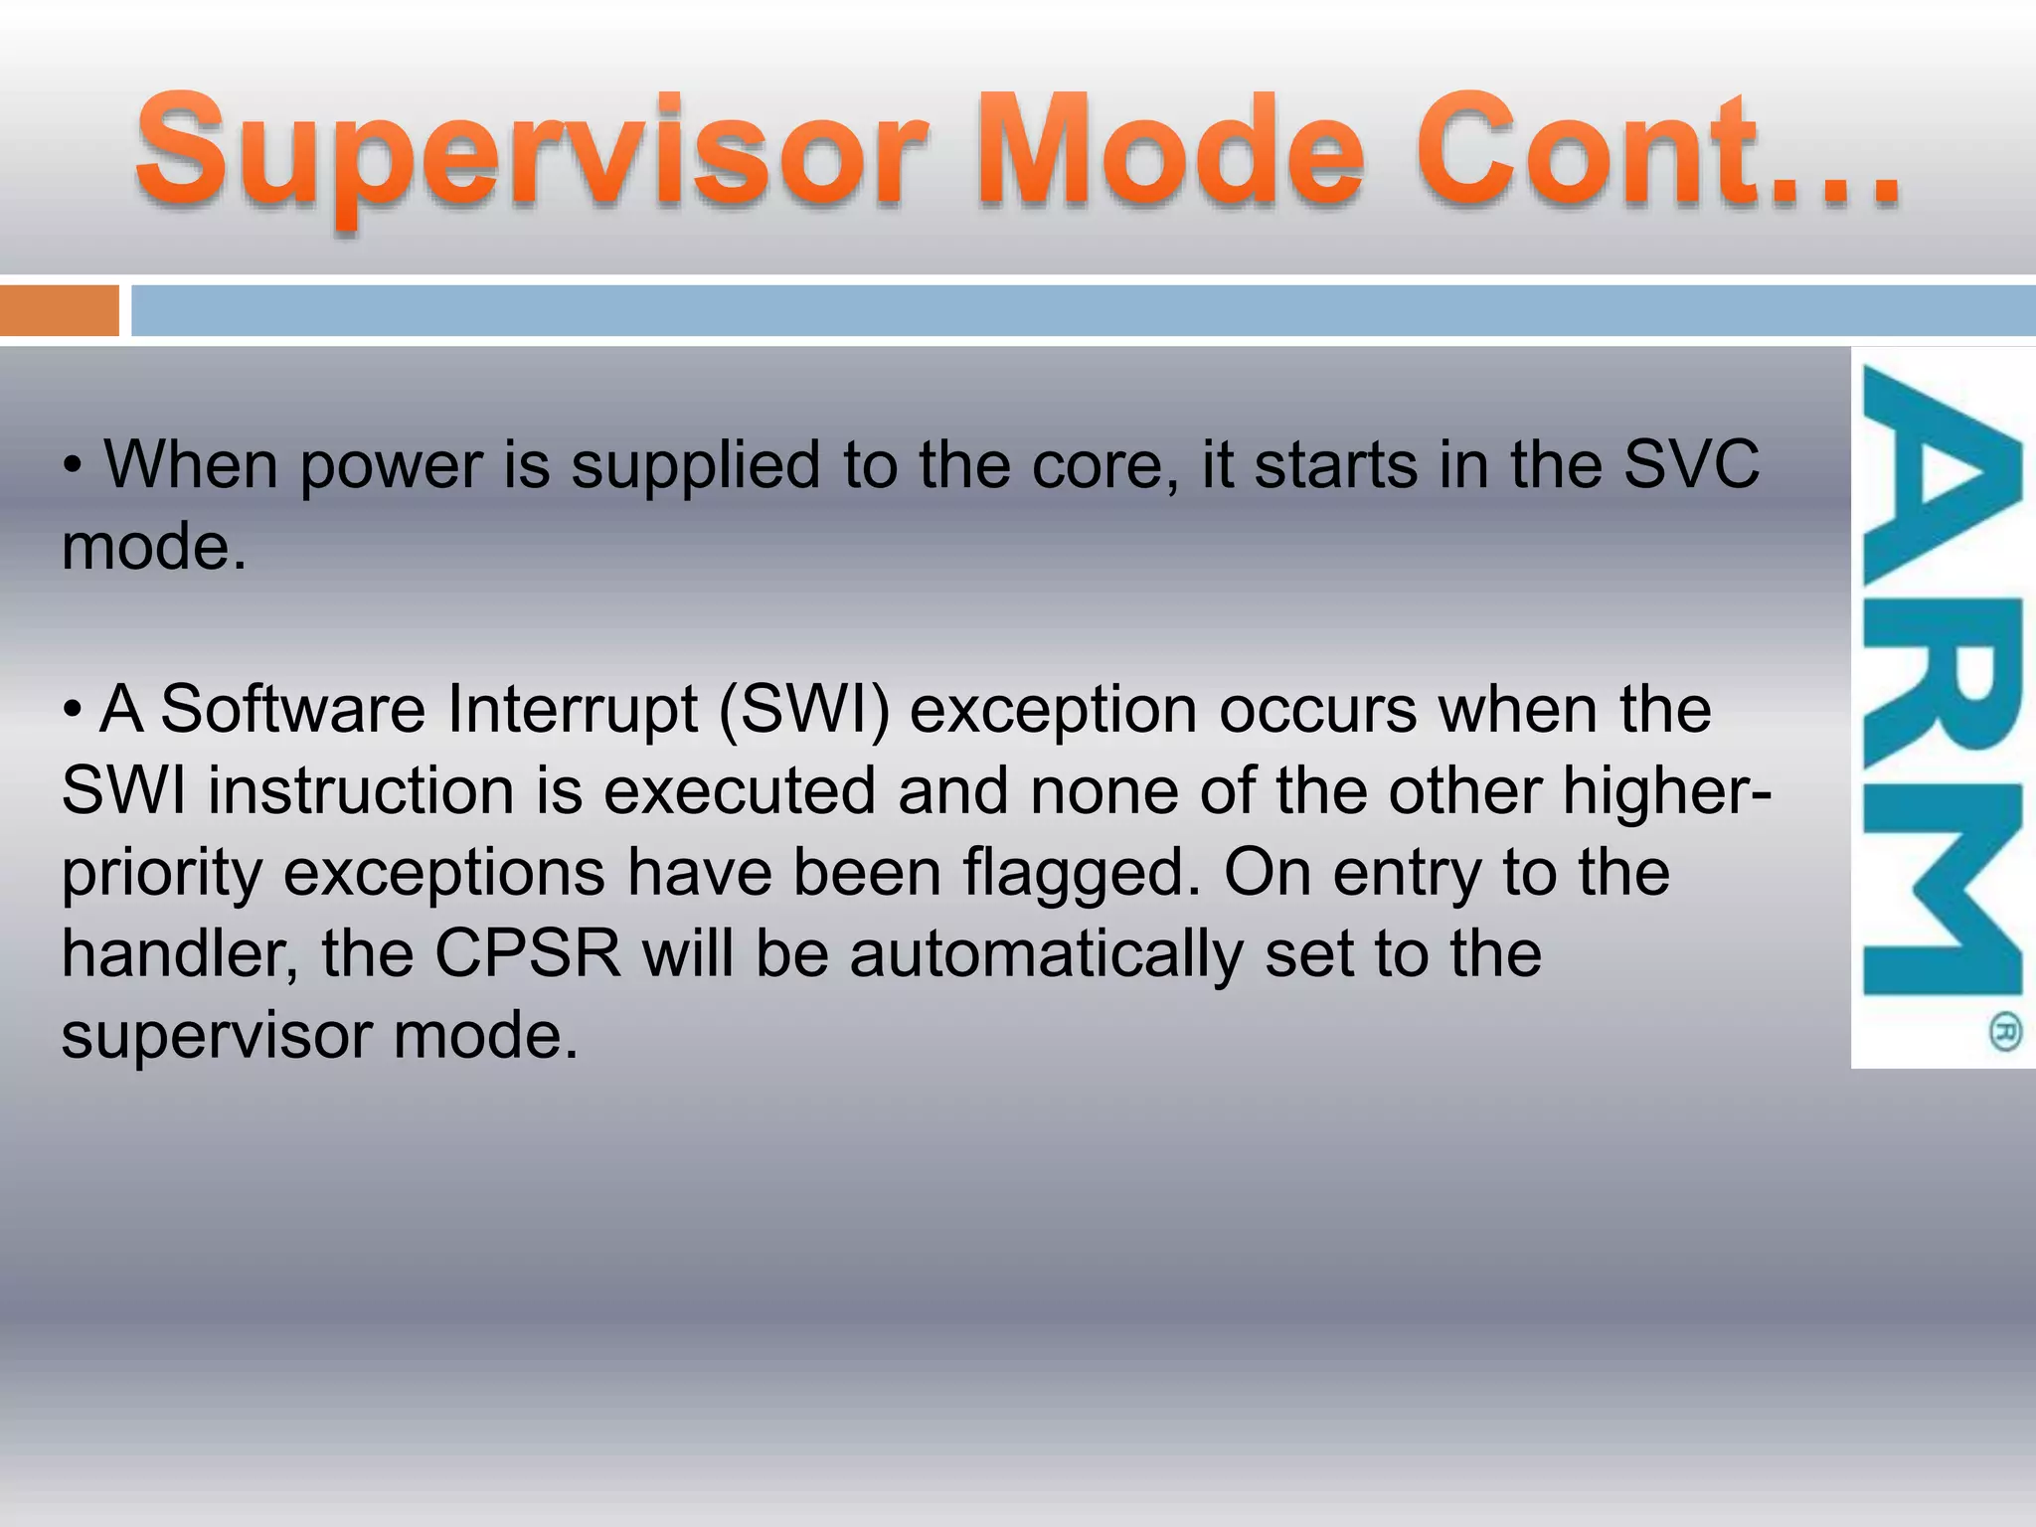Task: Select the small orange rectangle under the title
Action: pos(59,311)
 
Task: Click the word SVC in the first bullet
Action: pos(1691,464)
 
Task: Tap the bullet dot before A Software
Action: pos(72,711)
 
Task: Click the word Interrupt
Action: pos(573,710)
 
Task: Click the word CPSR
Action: pos(528,953)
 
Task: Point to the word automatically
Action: pos(1046,954)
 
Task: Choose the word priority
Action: pos(161,873)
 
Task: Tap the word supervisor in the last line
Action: pos(216,1036)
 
